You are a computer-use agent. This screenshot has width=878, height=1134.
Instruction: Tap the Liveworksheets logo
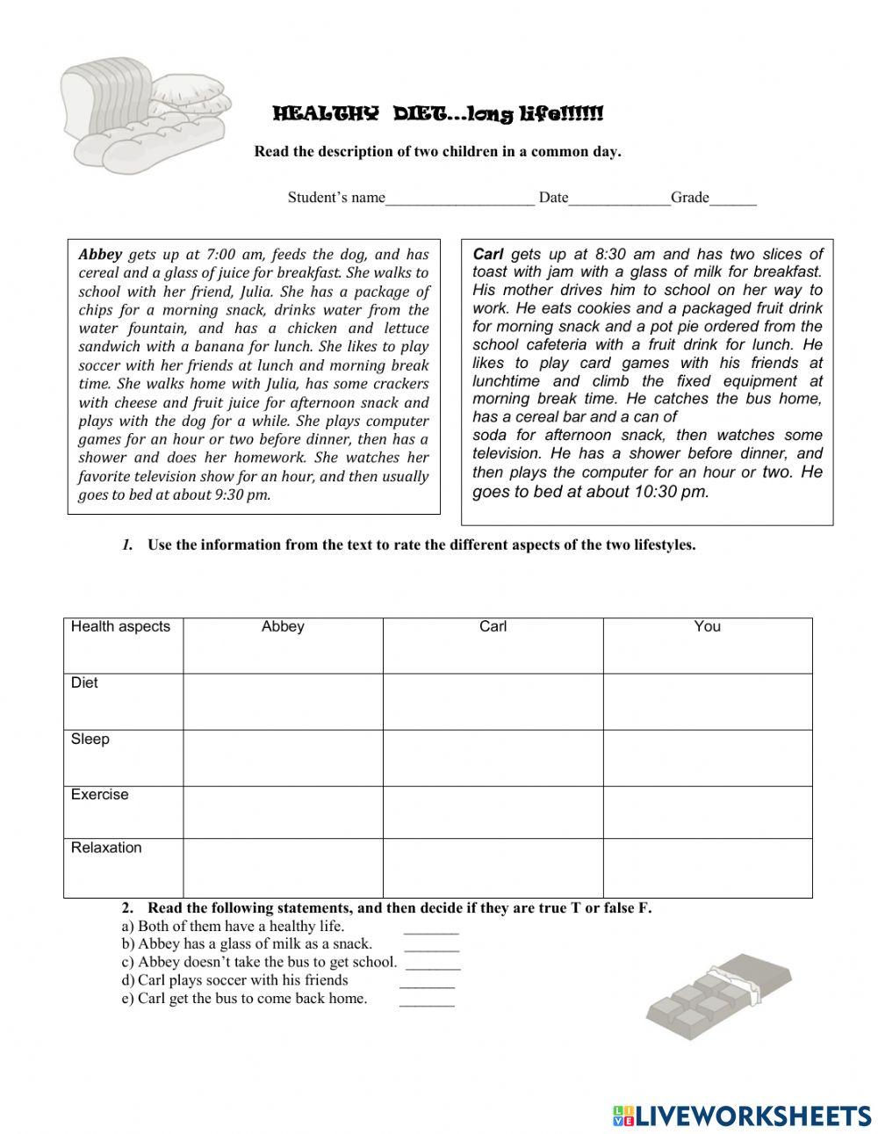click(x=742, y=1116)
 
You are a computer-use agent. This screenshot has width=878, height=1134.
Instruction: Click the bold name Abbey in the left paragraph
click(x=100, y=255)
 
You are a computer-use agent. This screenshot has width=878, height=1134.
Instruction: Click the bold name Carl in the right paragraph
click(x=488, y=254)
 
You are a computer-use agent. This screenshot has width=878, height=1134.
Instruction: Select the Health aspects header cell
click(x=121, y=627)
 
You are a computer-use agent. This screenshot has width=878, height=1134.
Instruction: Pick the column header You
click(x=707, y=627)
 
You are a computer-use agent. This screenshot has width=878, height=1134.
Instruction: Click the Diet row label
click(x=85, y=683)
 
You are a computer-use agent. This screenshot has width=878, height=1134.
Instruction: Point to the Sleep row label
click(x=90, y=740)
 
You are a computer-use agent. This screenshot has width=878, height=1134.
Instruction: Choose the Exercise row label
click(x=100, y=795)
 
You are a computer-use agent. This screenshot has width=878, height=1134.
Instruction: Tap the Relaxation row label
click(x=106, y=849)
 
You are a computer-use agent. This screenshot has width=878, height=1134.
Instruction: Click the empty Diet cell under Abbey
click(x=283, y=701)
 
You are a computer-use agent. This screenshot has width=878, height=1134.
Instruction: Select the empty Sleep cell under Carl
click(x=493, y=757)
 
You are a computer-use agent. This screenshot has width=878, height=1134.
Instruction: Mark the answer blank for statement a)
click(x=431, y=930)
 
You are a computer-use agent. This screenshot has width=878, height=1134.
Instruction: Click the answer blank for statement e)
click(x=427, y=1002)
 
